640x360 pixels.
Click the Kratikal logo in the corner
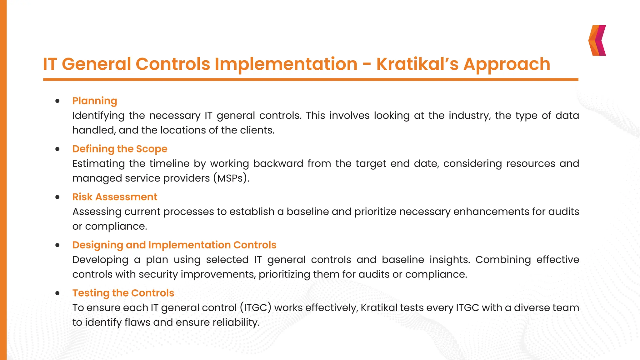[x=597, y=40]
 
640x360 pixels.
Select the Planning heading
[x=95, y=101]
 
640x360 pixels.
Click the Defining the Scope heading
[x=120, y=149]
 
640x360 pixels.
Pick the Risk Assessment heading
[x=115, y=197]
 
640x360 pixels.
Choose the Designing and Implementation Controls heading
[x=174, y=245]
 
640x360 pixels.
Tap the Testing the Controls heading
[x=123, y=293]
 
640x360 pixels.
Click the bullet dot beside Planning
[x=57, y=101]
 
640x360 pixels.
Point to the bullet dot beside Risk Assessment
[x=57, y=197]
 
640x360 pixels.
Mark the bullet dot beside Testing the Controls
[x=57, y=293]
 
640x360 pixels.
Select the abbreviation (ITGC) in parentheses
[x=256, y=308]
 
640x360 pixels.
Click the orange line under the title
[x=311, y=80]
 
